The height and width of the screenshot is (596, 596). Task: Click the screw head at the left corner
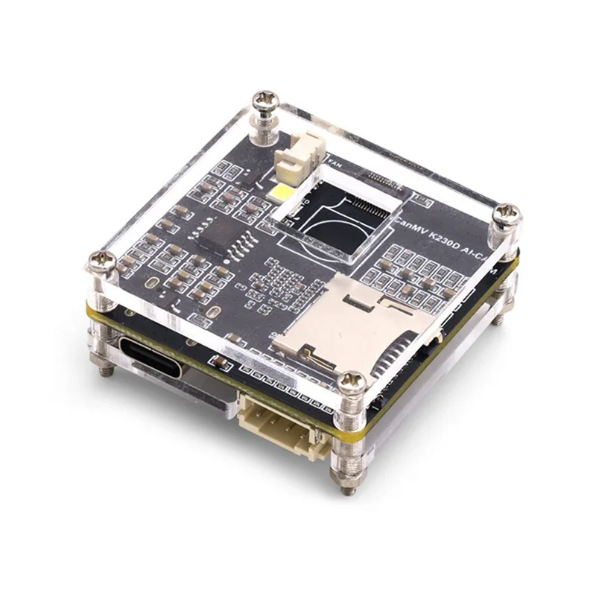[99, 261]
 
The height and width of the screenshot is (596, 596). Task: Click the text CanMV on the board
[408, 221]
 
